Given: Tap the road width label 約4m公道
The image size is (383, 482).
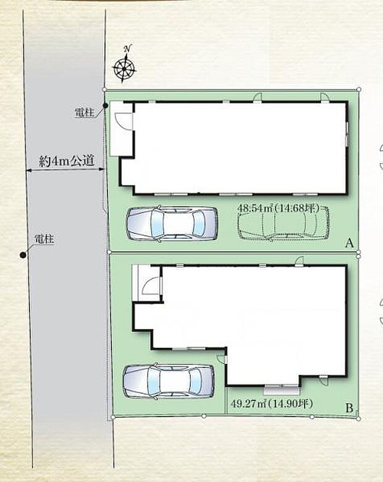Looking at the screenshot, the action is coord(67,160).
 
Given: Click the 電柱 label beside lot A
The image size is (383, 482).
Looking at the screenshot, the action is coord(84,112).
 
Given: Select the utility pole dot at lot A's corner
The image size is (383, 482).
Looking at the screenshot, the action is coord(105,106).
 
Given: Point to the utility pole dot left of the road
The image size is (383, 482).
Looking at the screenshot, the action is coord(22,254).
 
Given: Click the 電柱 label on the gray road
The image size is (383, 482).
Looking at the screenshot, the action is coord(44,239).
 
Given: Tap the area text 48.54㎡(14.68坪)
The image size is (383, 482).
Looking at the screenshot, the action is coord(279,208).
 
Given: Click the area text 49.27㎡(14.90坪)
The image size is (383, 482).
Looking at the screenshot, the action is coord(272,403).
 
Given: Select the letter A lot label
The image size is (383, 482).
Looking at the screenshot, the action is coord(350,243).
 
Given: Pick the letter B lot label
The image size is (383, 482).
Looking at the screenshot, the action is coord(349,408).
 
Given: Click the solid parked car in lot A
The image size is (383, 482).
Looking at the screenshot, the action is coord(172,223).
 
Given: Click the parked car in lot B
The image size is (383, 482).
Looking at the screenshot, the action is coord(169,381).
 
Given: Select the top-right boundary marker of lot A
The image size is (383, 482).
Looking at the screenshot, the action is coord(359,89).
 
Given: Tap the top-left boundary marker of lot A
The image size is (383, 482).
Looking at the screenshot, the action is coord(104,89).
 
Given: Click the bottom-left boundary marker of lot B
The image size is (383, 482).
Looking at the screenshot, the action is coord(113,417).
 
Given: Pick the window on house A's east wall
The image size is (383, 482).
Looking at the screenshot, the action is coord(347,135).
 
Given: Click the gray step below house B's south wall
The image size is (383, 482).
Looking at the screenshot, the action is coord(282,391).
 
